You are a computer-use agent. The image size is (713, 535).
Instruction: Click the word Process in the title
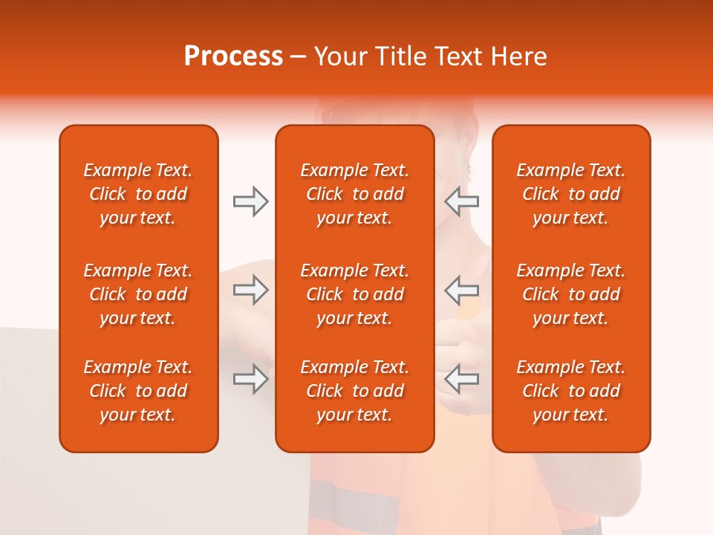click(233, 56)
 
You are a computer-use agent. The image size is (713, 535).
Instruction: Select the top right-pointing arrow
click(250, 201)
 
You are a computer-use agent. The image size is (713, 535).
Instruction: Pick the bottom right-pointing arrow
click(250, 379)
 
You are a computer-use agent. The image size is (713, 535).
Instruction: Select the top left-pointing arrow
click(461, 201)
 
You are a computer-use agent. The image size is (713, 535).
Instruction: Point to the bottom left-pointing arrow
click(461, 379)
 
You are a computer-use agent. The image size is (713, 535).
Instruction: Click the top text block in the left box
click(138, 194)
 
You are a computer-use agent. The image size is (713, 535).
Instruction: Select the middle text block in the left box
click(138, 294)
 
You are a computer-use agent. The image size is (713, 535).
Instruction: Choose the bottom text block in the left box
click(138, 391)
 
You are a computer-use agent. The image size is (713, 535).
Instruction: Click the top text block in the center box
click(354, 194)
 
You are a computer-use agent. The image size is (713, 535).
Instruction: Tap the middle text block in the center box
click(354, 294)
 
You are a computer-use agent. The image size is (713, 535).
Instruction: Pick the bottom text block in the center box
click(354, 391)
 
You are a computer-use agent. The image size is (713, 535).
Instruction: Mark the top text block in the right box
click(570, 194)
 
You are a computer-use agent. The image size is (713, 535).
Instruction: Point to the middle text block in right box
click(570, 294)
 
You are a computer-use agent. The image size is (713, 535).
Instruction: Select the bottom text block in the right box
click(570, 391)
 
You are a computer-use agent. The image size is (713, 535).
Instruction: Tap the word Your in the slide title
click(340, 56)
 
